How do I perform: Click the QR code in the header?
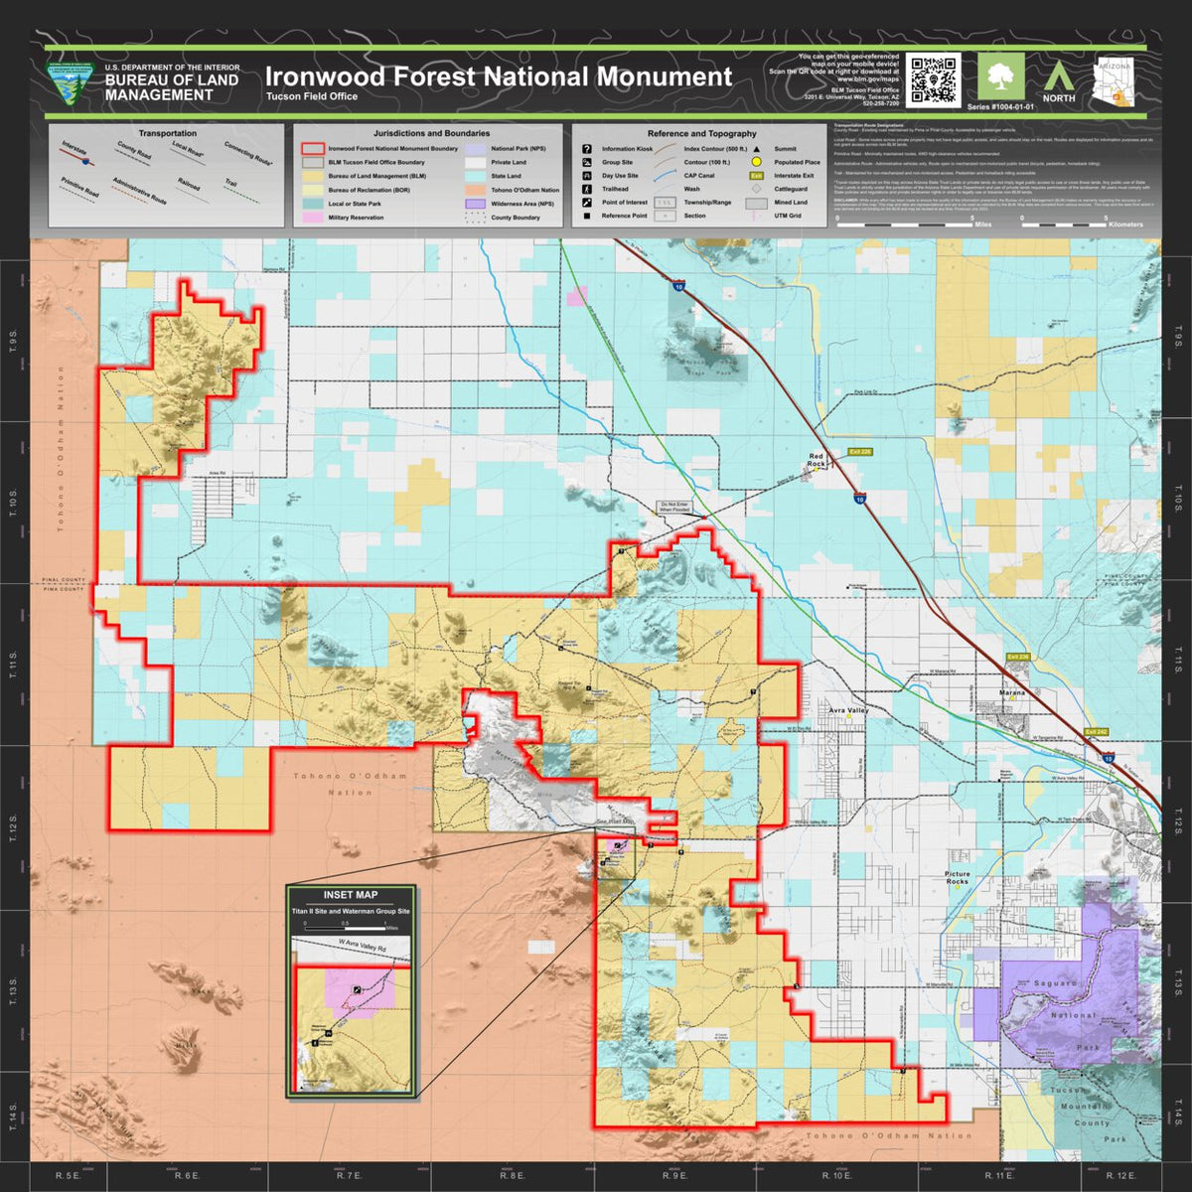coord(933,80)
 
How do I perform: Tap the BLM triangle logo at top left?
coord(72,81)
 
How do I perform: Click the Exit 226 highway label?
coord(859,452)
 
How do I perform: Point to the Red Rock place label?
coord(817,460)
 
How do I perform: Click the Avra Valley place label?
coord(850,711)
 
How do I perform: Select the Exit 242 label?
coord(1096,732)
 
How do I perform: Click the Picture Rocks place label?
coord(958,878)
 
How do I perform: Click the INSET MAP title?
coord(350,895)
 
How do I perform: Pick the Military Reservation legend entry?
coord(355,218)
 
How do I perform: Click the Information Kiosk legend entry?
coord(627,149)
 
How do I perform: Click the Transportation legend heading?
coord(167,133)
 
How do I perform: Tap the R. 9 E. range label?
coord(674,1175)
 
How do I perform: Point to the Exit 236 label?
coord(1018,658)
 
